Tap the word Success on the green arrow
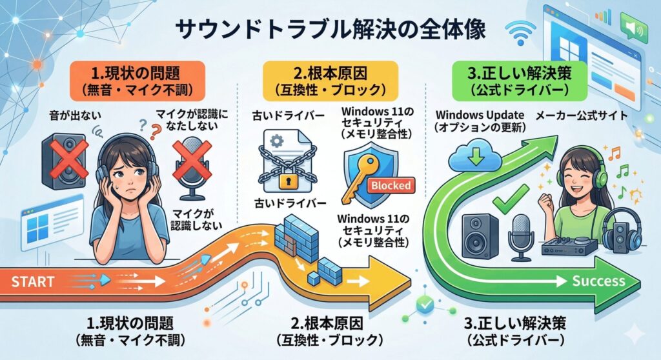(598, 281)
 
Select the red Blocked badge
(391, 185)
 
